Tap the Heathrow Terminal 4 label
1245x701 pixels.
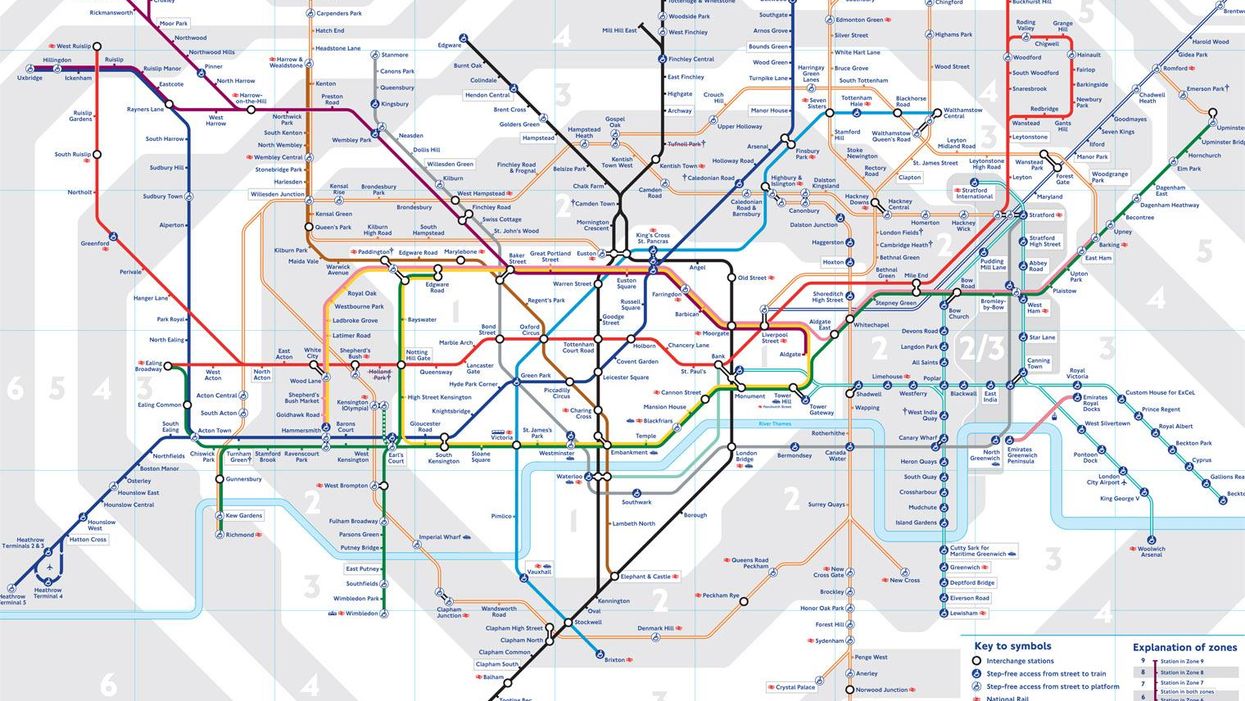pyautogui.click(x=47, y=593)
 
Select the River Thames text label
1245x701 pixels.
pyautogui.click(x=775, y=425)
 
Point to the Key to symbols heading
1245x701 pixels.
pyautogui.click(x=1012, y=646)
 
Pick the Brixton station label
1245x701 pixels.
pyautogui.click(x=615, y=660)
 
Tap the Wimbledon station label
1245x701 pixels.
pyautogui.click(x=360, y=613)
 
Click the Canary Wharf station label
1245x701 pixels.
pyautogui.click(x=917, y=438)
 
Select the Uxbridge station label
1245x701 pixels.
pyautogui.click(x=30, y=78)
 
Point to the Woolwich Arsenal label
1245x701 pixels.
pyautogui.click(x=1150, y=552)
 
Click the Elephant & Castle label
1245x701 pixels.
pyautogui.click(x=647, y=577)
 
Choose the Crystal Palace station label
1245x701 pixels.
pyautogui.click(x=796, y=687)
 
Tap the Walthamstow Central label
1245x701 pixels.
pyautogui.click(x=963, y=114)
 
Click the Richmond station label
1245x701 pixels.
pyautogui.click(x=240, y=535)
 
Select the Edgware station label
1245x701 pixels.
pyautogui.click(x=449, y=45)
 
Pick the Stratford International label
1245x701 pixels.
pyautogui.click(x=975, y=193)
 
